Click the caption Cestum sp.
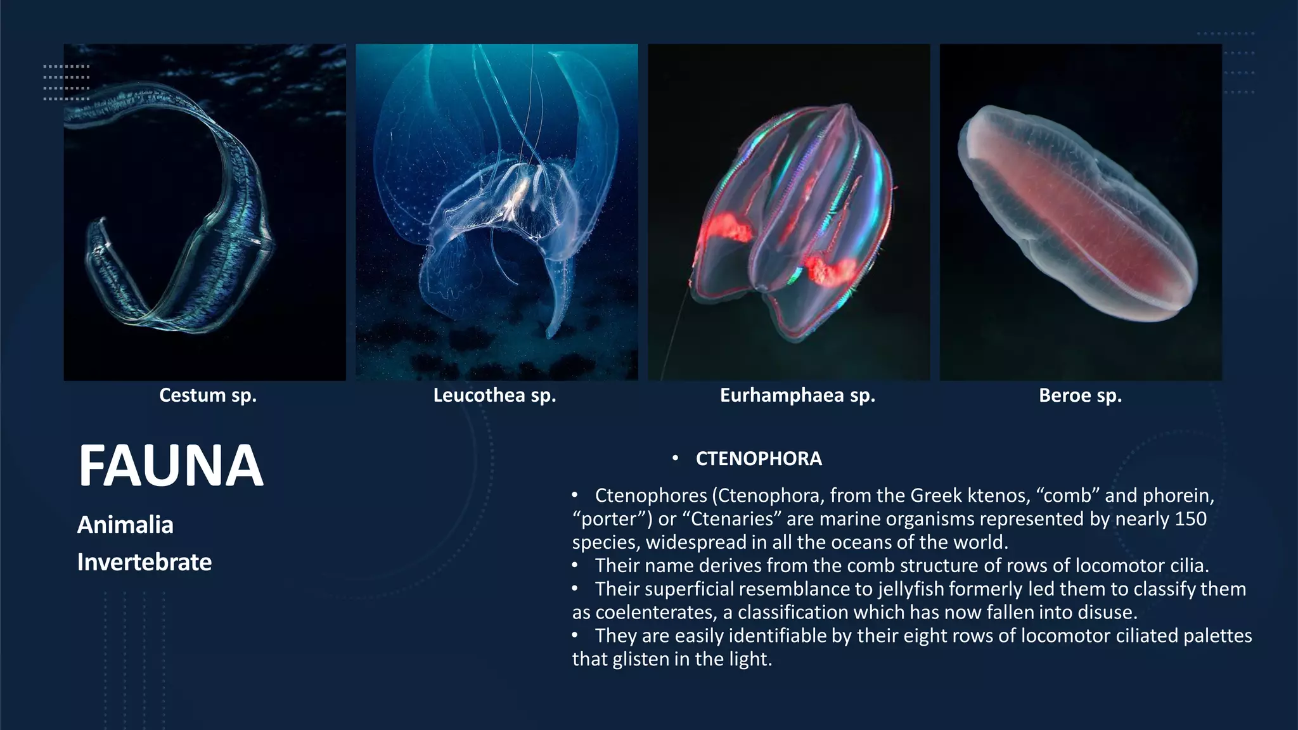pos(208,395)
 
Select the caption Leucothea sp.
pos(494,395)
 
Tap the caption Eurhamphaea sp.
pos(797,395)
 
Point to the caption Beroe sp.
pos(1080,395)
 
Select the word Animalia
pos(125,525)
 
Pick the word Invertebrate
pos(145,562)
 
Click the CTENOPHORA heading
pos(759,459)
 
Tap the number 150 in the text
pos(1190,519)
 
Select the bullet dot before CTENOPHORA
pos(676,458)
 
